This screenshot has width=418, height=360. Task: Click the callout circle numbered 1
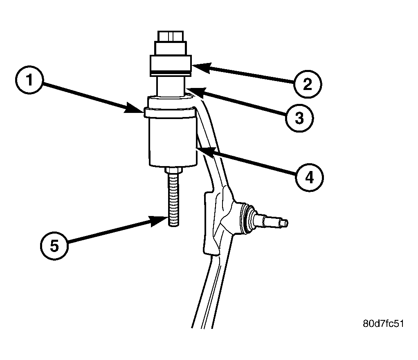(29, 80)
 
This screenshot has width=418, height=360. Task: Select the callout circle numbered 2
(308, 84)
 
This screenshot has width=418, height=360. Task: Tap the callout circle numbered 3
(299, 117)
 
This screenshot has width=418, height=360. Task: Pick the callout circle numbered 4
(310, 178)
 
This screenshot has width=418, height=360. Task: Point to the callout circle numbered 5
(54, 246)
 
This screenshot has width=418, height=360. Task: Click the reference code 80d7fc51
(383, 324)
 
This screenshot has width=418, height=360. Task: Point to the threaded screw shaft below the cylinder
(173, 200)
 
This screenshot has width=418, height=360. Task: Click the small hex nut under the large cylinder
(173, 171)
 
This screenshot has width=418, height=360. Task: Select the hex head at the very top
(171, 36)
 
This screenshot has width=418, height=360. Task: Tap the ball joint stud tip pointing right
(284, 222)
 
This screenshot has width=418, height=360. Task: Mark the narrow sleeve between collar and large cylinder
(171, 86)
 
